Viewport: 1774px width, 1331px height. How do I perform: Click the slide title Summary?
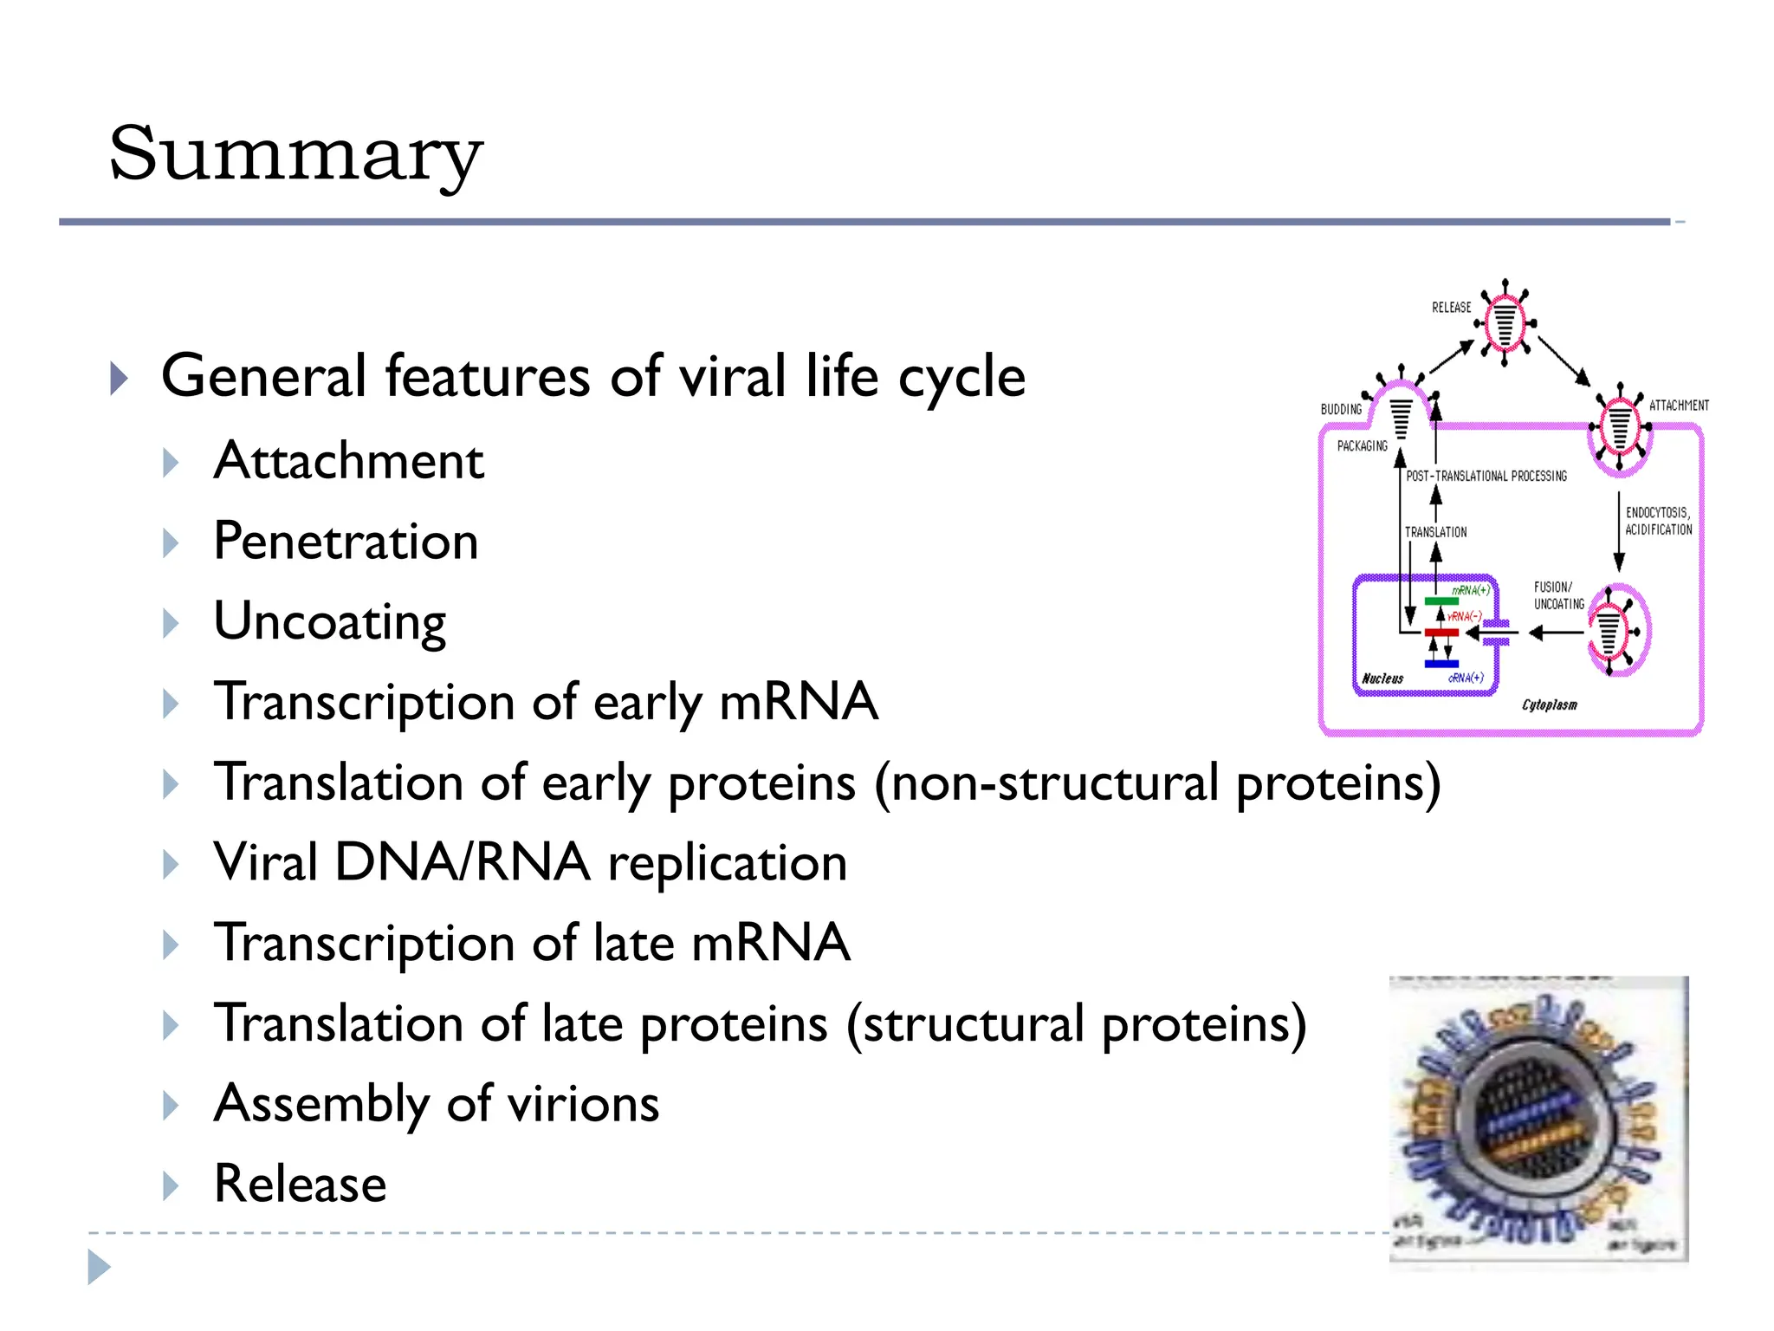pos(295,154)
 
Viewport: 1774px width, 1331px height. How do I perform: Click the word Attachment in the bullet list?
pos(348,460)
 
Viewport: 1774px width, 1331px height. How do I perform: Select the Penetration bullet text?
pos(346,542)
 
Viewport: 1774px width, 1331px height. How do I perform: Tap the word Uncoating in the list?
pos(329,622)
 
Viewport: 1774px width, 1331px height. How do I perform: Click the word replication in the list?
pos(727,863)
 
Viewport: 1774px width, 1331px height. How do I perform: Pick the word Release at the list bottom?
pos(300,1184)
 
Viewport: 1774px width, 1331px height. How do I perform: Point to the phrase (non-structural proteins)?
pos(1157,782)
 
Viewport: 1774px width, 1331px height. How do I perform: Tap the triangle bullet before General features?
pos(120,379)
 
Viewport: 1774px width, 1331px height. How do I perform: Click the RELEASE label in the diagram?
pos(1451,308)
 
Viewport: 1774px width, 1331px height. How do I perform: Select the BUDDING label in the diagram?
pos(1341,409)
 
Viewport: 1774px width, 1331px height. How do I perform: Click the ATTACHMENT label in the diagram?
pos(1679,406)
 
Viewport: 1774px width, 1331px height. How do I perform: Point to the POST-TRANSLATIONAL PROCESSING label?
pos(1486,476)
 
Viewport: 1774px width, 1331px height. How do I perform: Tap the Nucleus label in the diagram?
pos(1382,678)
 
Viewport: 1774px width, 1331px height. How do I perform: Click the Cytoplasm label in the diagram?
pos(1550,705)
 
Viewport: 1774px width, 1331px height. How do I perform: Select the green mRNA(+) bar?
pos(1441,601)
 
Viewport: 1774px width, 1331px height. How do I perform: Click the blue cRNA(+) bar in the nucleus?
pos(1441,664)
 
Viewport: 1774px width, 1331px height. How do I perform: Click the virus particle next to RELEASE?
pos(1505,322)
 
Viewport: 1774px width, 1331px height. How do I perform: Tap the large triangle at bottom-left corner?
pos(98,1267)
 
